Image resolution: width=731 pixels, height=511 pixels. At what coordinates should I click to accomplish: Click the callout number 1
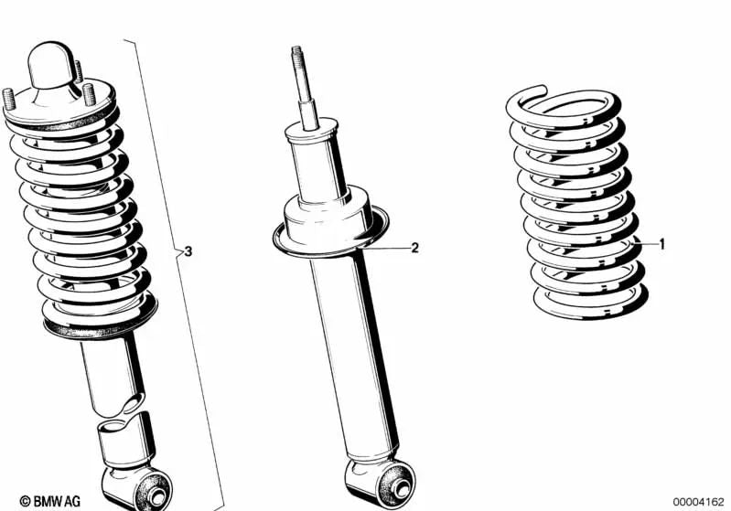(661, 244)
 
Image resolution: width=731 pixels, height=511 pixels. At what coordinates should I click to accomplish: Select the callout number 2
(414, 248)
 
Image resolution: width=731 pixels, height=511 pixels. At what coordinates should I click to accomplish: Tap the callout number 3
(188, 250)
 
